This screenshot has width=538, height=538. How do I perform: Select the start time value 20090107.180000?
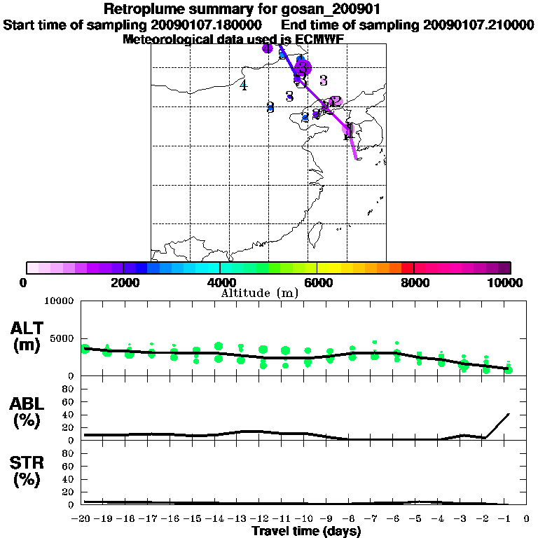coord(207,25)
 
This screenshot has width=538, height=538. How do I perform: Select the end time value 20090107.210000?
coord(478,25)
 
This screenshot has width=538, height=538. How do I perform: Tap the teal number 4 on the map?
coord(243,85)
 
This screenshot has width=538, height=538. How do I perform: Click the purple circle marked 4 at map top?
coord(267,48)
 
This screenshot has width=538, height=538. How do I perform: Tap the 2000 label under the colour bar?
coord(123,282)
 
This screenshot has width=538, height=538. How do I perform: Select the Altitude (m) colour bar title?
coord(259,293)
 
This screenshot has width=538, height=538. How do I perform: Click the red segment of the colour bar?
coord(408,268)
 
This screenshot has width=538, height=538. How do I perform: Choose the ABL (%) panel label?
coord(27,413)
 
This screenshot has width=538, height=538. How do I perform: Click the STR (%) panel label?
coord(27,471)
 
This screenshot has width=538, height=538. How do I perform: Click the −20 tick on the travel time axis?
coord(83,519)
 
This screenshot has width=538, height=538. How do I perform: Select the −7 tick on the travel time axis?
coord(374,519)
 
